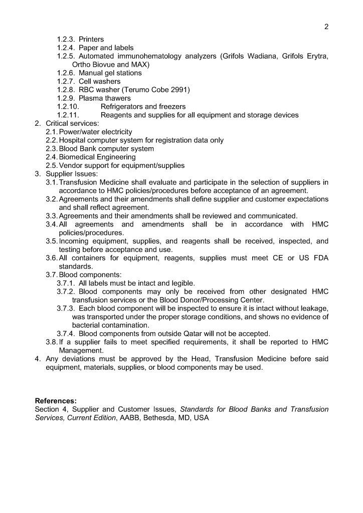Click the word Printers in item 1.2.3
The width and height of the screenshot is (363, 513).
91,39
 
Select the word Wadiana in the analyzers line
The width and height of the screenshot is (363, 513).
265,56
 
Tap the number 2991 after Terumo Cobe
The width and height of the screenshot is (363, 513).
181,90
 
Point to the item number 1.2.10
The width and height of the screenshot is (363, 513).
68,107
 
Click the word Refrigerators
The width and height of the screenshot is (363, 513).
125,107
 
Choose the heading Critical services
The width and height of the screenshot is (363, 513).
72,123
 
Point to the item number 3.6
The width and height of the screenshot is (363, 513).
52,258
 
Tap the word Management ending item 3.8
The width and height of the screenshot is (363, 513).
81,351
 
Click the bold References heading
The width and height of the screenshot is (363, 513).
56,401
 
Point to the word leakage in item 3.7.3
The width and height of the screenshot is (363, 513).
314,308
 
